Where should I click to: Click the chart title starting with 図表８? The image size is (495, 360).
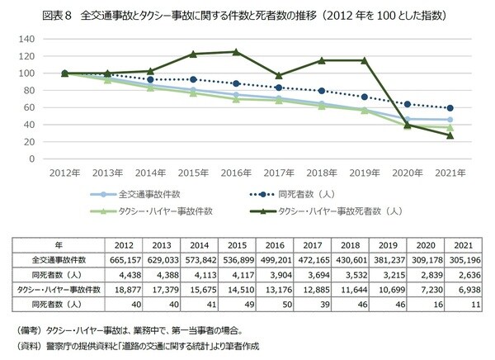coord(247,14)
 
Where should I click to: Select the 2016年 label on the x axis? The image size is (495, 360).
coord(236,174)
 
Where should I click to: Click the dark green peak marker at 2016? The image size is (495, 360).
coord(236,51)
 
